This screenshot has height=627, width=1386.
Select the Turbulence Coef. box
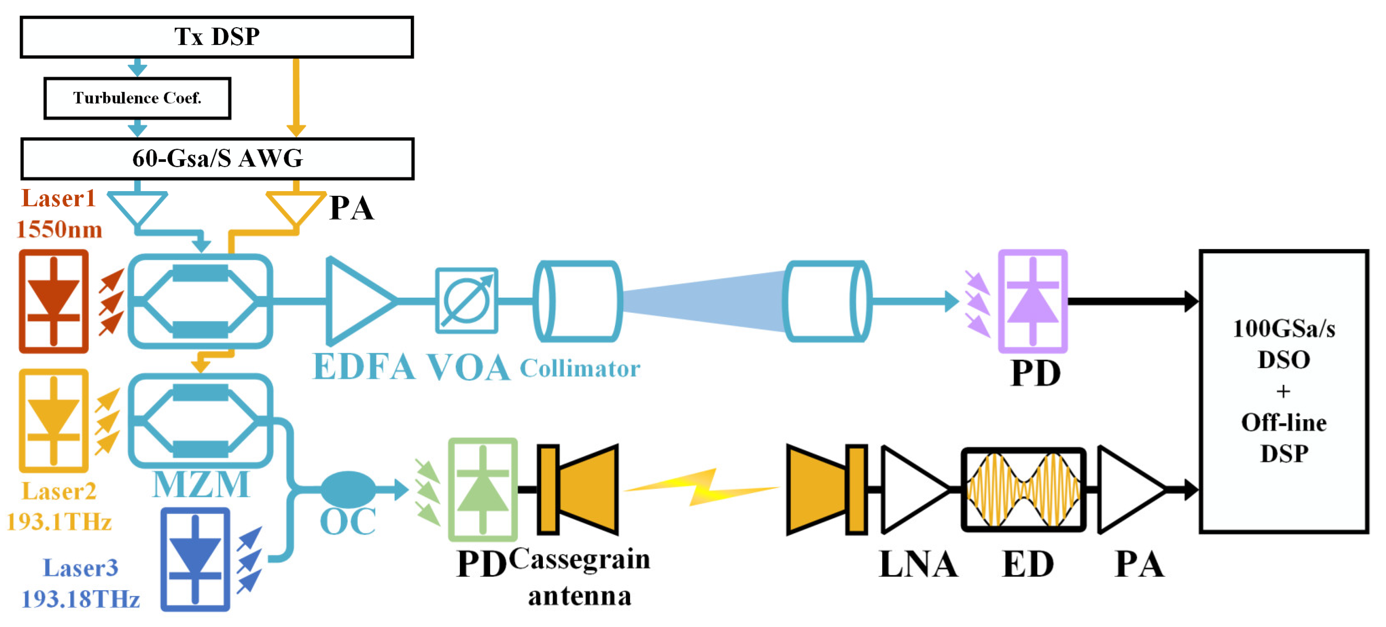click(x=137, y=98)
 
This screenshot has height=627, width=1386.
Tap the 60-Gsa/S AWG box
click(x=217, y=158)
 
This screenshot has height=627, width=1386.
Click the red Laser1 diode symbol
click(x=53, y=301)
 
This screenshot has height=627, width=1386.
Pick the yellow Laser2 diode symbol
click(x=53, y=421)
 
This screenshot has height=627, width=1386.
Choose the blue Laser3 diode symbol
click(x=195, y=559)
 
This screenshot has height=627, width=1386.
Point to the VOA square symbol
click(x=466, y=301)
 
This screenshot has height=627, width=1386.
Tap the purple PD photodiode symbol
click(x=1032, y=301)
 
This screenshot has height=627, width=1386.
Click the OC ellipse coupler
click(x=348, y=489)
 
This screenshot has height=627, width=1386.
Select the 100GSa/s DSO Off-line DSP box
click(x=1283, y=391)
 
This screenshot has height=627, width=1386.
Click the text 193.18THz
click(x=81, y=599)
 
